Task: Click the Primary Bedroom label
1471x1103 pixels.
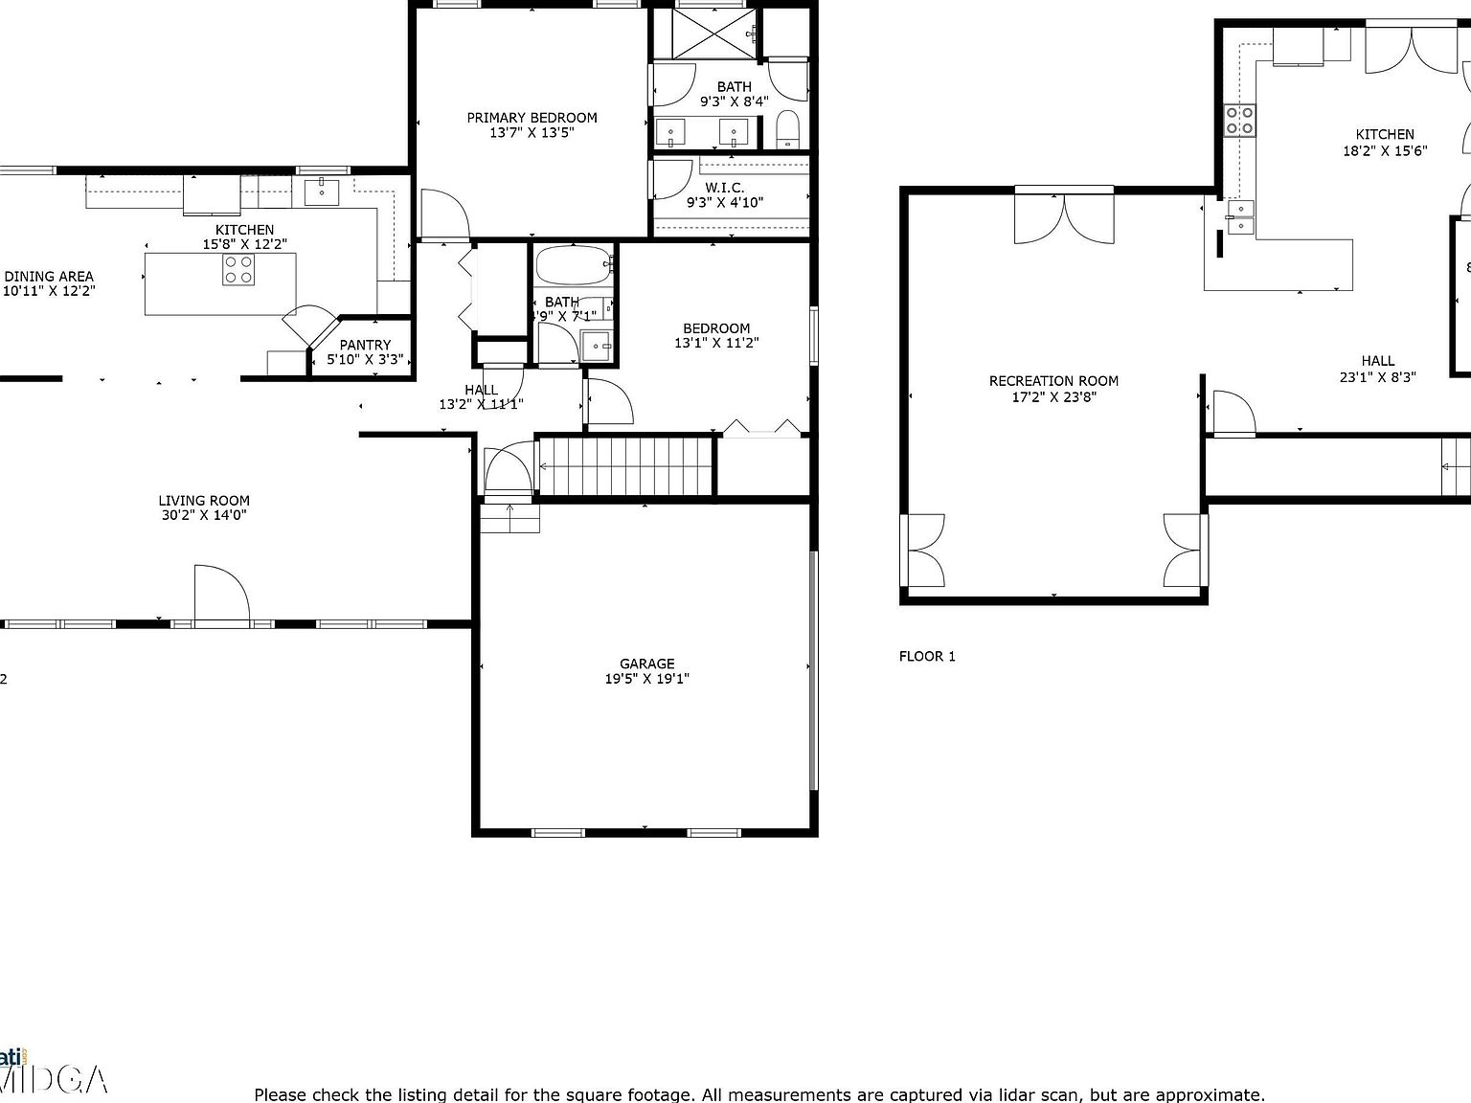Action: (532, 118)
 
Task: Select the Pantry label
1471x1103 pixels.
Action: (365, 345)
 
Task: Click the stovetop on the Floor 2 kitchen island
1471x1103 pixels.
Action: (238, 270)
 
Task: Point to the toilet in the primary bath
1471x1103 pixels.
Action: (787, 129)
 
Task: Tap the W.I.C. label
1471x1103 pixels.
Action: (724, 188)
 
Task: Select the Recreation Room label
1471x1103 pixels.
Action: (1053, 381)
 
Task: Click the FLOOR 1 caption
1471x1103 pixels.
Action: (926, 656)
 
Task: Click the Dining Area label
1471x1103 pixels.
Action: (49, 276)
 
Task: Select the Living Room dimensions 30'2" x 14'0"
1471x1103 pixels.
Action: (204, 515)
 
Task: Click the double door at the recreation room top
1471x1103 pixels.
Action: (1064, 215)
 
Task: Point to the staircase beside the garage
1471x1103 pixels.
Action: (624, 466)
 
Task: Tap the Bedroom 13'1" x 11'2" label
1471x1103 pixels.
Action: (716, 328)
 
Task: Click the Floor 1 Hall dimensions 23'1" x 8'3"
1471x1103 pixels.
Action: (1377, 377)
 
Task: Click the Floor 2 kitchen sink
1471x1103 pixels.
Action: (322, 191)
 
